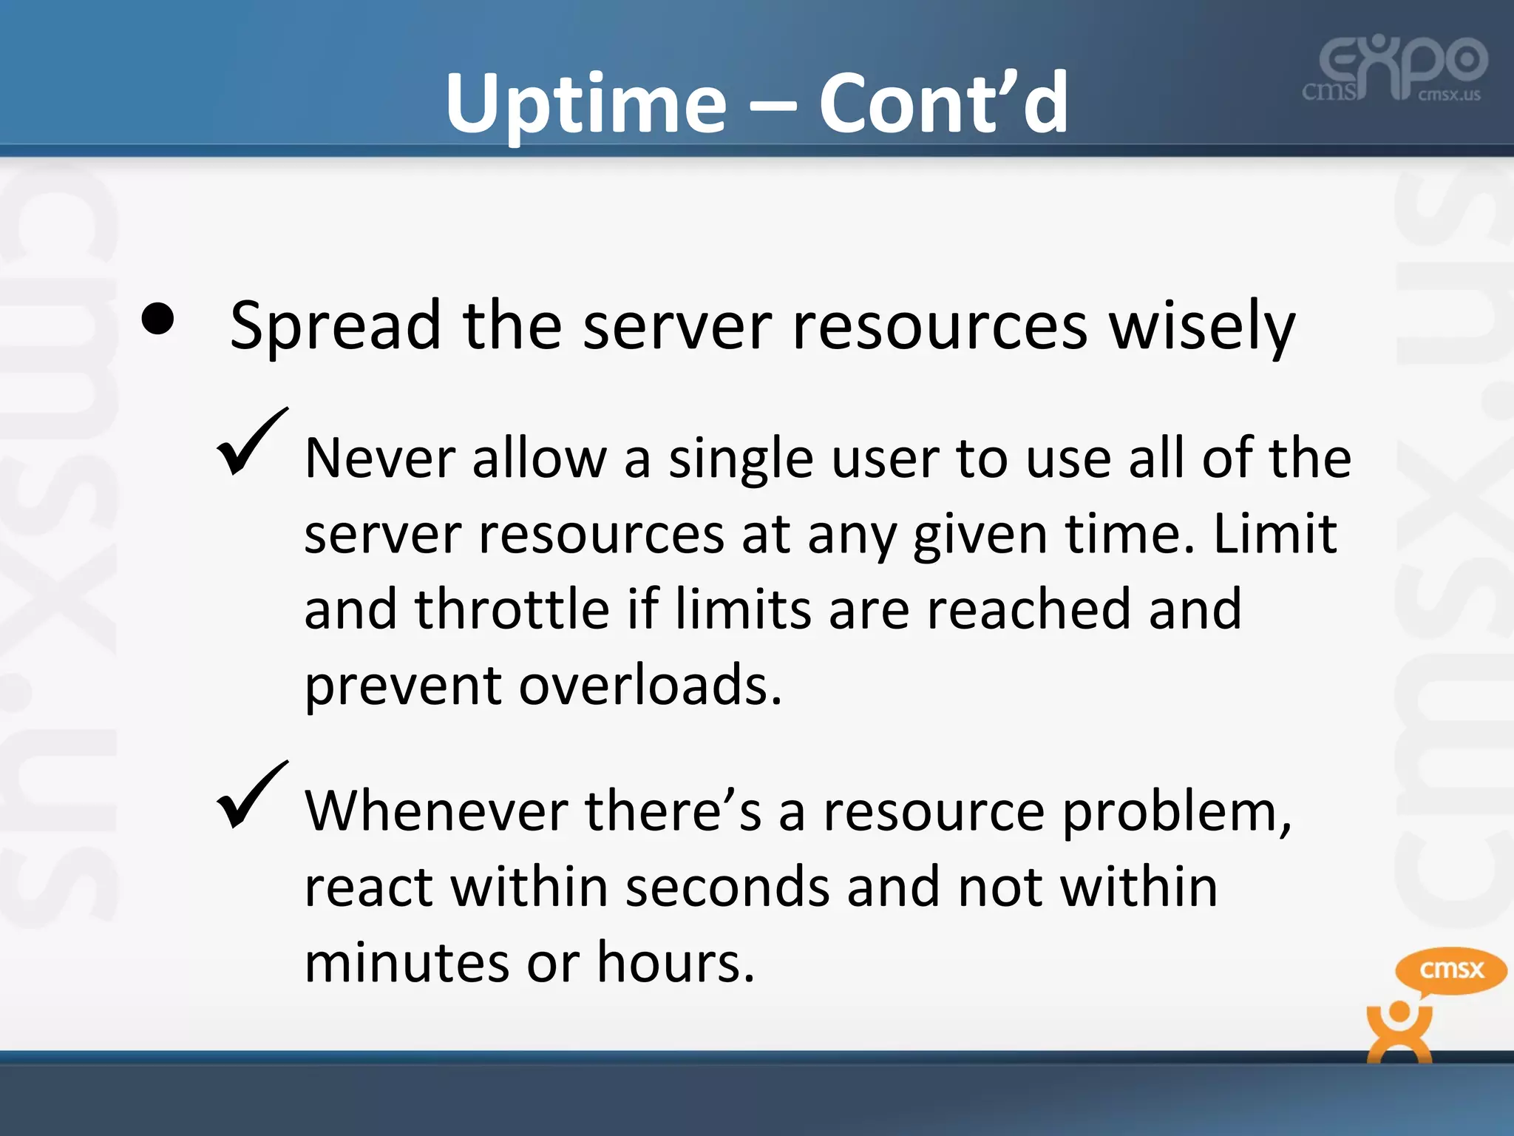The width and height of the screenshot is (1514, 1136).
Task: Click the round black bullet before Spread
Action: (157, 319)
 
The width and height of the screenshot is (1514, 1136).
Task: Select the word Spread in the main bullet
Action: (336, 326)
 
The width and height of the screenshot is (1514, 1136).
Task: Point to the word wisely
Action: (1203, 326)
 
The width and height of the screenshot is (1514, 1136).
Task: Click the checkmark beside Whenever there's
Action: (251, 796)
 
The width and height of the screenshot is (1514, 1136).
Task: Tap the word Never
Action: (380, 459)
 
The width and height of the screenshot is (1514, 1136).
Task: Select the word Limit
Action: (1274, 534)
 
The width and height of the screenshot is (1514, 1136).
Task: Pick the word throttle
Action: (512, 609)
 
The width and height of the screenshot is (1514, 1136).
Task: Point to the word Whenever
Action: (436, 812)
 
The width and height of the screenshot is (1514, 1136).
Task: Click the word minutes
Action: (407, 963)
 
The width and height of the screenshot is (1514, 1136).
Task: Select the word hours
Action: (676, 963)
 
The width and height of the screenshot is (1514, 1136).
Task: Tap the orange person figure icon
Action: (1399, 1032)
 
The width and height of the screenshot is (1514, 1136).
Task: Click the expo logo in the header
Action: (1394, 70)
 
